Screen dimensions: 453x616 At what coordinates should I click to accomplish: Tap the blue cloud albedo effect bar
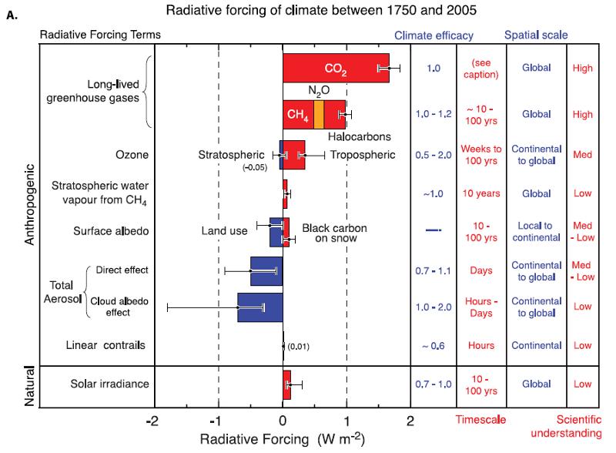(260, 307)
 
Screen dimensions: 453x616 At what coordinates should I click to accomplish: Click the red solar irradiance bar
(286, 384)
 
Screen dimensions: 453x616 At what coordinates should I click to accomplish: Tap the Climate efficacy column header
(434, 35)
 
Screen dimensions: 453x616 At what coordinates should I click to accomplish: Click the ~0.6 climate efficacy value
(434, 347)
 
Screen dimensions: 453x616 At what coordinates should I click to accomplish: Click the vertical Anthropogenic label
(30, 203)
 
